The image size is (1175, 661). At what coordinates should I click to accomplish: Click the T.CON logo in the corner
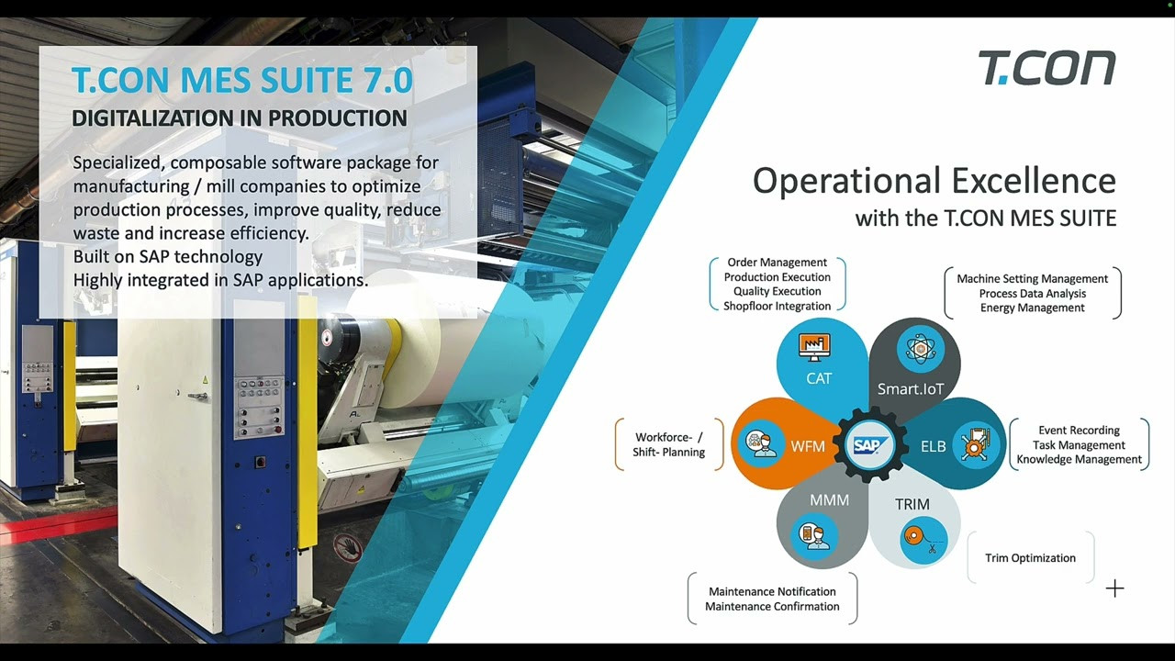pyautogui.click(x=1047, y=68)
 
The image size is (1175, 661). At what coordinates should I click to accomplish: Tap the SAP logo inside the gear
pyautogui.click(x=869, y=445)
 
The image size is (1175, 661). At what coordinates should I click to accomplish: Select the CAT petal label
pyautogui.click(x=818, y=378)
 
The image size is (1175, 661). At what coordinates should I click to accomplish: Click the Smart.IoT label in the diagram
pyautogui.click(x=911, y=388)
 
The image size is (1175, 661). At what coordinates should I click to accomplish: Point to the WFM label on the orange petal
pyautogui.click(x=808, y=446)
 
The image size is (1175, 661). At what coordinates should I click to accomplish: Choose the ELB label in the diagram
pyautogui.click(x=934, y=446)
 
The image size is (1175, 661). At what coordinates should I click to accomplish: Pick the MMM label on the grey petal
pyautogui.click(x=829, y=500)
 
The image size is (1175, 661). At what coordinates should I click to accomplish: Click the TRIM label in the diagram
pyautogui.click(x=912, y=504)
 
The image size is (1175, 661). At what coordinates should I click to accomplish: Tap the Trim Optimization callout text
pyautogui.click(x=1030, y=557)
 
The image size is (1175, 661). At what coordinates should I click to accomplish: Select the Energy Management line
pyautogui.click(x=1033, y=308)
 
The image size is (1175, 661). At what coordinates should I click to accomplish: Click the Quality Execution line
pyautogui.click(x=777, y=291)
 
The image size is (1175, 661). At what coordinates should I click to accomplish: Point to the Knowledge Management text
pyautogui.click(x=1079, y=460)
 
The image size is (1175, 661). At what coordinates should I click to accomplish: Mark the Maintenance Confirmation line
pyautogui.click(x=772, y=607)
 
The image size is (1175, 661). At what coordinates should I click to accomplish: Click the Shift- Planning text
pyautogui.click(x=669, y=453)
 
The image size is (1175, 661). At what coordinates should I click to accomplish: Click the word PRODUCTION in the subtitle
pyautogui.click(x=337, y=118)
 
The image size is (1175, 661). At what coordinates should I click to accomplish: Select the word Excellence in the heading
pyautogui.click(x=1034, y=181)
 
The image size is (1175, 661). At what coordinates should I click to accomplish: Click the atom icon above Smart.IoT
pyautogui.click(x=920, y=348)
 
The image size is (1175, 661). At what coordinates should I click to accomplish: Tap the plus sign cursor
pyautogui.click(x=1114, y=588)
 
